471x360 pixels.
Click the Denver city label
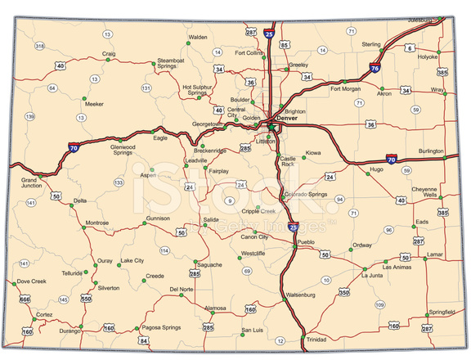(x=289, y=119)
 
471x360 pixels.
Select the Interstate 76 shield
(x=374, y=70)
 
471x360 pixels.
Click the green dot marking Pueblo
(x=295, y=243)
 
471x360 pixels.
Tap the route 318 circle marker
(x=39, y=46)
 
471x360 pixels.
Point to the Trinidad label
(x=316, y=339)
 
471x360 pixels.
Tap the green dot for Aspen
(x=152, y=169)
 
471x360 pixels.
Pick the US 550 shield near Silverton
(x=87, y=300)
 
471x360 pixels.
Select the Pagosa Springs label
(x=160, y=327)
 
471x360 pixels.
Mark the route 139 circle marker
(x=30, y=117)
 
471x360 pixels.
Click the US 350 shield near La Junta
(x=344, y=292)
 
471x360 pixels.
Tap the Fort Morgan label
(x=345, y=88)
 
